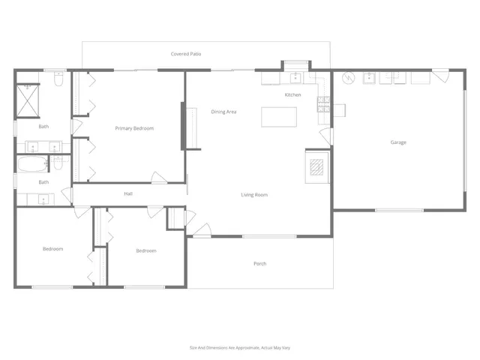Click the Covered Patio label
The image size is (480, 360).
click(x=186, y=54)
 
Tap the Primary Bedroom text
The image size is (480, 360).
click(x=134, y=128)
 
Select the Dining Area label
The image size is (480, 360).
click(x=223, y=112)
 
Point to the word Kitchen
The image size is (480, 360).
click(x=292, y=95)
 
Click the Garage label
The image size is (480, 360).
click(x=398, y=142)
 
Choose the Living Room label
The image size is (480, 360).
click(x=254, y=195)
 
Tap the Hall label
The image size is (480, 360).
click(x=128, y=194)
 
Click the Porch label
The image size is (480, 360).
click(x=260, y=264)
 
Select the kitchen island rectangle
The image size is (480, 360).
click(x=278, y=117)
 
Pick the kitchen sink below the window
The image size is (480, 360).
click(x=295, y=76)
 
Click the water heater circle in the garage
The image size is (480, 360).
click(x=347, y=78)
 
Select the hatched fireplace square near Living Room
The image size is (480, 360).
click(x=316, y=166)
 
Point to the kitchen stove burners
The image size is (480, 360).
click(x=324, y=104)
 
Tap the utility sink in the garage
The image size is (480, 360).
click(x=370, y=77)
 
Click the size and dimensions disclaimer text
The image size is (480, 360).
click(x=239, y=347)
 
